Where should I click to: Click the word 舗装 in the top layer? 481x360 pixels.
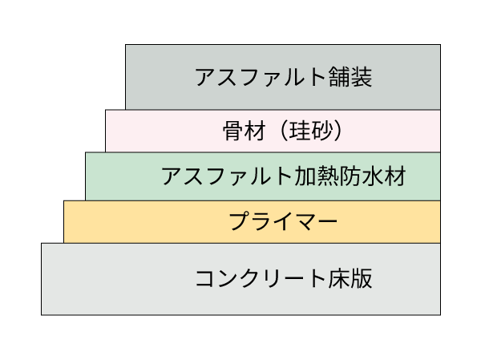(352, 77)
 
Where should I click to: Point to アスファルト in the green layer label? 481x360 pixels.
(228, 176)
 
